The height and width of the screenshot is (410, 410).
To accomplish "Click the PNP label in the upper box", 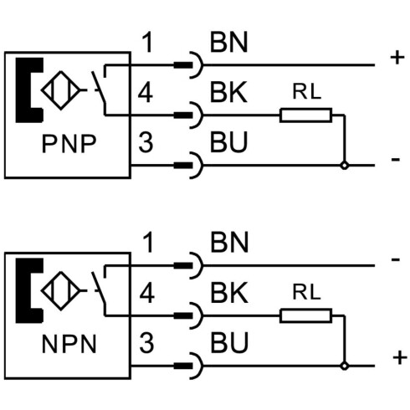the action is [x=69, y=144].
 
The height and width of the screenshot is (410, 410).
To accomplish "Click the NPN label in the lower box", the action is [x=69, y=344].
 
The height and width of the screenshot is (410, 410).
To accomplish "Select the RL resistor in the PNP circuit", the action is [x=306, y=115].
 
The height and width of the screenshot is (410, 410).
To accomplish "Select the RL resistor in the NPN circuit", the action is [x=306, y=315].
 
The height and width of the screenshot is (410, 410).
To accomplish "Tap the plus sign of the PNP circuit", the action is [x=397, y=59].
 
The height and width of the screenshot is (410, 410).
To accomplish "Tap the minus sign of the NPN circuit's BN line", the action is [x=396, y=260].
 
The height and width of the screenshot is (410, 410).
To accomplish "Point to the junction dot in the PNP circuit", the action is [x=345, y=166].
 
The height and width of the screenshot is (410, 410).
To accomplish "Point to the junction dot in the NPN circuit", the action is [x=345, y=366].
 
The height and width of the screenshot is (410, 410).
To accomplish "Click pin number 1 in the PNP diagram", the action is [x=147, y=42].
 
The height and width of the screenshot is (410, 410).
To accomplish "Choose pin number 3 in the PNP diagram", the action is [x=146, y=142].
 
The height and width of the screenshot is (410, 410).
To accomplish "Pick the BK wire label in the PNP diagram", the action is [x=228, y=92].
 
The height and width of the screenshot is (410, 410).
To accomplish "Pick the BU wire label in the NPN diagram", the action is [x=229, y=343].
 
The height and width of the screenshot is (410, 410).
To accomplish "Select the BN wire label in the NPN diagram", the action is [x=229, y=243].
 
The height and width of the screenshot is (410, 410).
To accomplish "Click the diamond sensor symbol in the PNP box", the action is [x=61, y=90].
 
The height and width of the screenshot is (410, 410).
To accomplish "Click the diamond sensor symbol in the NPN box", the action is [x=61, y=291].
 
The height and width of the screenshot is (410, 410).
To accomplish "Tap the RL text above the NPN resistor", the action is [x=306, y=292].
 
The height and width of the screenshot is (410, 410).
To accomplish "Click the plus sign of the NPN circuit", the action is [x=400, y=357].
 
